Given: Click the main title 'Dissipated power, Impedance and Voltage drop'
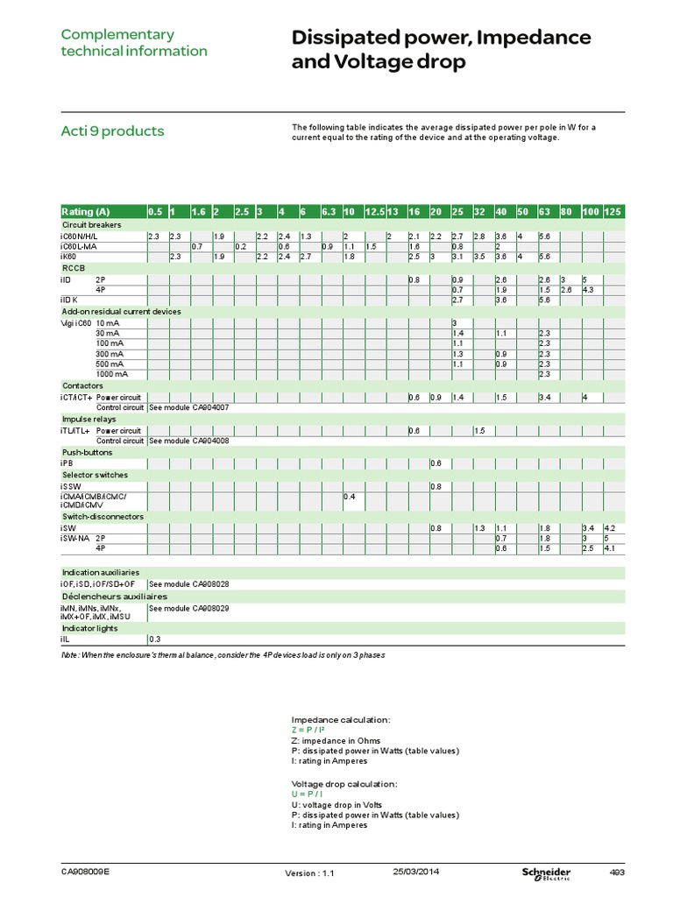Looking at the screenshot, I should pos(441,50).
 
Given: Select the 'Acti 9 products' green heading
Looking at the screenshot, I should pos(111,131).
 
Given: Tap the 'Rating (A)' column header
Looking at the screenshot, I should pos(86,212).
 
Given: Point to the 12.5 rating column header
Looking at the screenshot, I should pos(374,212).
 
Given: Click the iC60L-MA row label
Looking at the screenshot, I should pos(80,246).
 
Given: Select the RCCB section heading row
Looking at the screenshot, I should pos(71,267).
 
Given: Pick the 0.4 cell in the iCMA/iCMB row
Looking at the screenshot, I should pos(349,497).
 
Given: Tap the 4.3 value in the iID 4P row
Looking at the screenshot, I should pos(589,289).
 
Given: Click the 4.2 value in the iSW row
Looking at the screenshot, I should pos(611,528).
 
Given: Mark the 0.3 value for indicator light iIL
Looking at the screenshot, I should pos(154,639).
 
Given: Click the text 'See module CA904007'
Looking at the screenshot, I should pos(188,407).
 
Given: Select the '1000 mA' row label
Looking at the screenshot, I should pos(111,374).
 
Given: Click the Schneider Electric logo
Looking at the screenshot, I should pos(546,873).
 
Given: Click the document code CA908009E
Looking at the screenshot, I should pos(85,872).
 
